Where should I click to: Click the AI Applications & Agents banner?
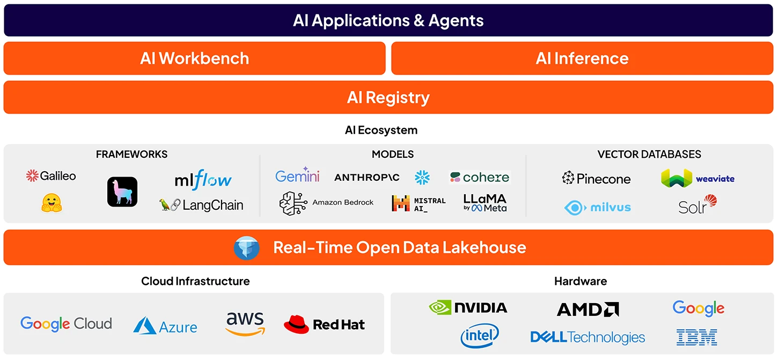[x=388, y=20]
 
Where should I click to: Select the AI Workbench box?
[x=194, y=58]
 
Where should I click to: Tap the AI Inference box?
[x=582, y=58]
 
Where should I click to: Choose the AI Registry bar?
[x=388, y=97]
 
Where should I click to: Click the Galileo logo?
[x=51, y=175]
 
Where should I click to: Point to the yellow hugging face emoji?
[x=52, y=203]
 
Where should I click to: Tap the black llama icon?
[x=122, y=192]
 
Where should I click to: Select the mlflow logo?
[x=203, y=180]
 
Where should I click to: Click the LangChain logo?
[x=201, y=205]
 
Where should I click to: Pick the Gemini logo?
[x=297, y=175]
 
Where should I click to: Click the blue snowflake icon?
[x=422, y=177]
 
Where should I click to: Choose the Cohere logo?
[x=479, y=177]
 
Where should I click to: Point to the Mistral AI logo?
[x=419, y=203]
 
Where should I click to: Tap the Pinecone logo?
[x=596, y=178]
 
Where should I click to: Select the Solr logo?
[x=697, y=205]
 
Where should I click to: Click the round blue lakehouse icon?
[x=247, y=248]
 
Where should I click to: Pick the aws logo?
[x=245, y=324]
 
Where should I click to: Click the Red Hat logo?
[x=324, y=324]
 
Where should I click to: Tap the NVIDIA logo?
[x=468, y=307]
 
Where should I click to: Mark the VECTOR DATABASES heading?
[x=649, y=154]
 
